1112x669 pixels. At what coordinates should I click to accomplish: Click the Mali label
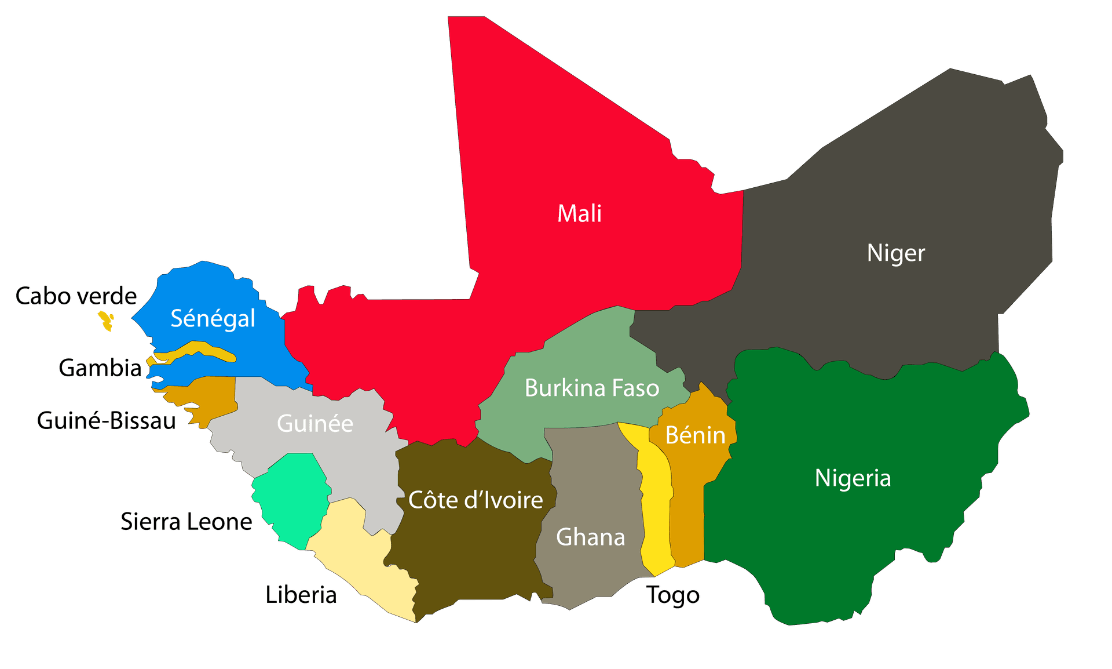(x=579, y=214)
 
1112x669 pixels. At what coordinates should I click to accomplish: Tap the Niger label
(x=895, y=253)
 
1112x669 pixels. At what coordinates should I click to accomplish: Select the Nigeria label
(x=853, y=478)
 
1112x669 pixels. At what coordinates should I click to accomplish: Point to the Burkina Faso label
(x=591, y=388)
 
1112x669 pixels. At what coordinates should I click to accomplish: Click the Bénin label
(x=695, y=435)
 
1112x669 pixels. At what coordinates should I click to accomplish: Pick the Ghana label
(x=590, y=537)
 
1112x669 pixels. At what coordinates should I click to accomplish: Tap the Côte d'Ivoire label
(x=475, y=500)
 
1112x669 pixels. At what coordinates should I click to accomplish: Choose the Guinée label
(x=314, y=423)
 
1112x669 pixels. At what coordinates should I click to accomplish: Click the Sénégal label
(x=213, y=318)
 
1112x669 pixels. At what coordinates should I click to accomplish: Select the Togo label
(x=673, y=595)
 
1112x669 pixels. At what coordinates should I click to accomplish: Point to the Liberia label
(x=301, y=595)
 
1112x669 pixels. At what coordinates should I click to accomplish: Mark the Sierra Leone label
(x=186, y=522)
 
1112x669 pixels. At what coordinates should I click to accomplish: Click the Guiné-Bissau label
(x=107, y=421)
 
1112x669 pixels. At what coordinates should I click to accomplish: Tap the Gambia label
(x=100, y=368)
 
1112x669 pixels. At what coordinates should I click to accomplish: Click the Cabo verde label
(x=76, y=296)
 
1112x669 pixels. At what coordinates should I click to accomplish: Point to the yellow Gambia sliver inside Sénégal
(x=197, y=350)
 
